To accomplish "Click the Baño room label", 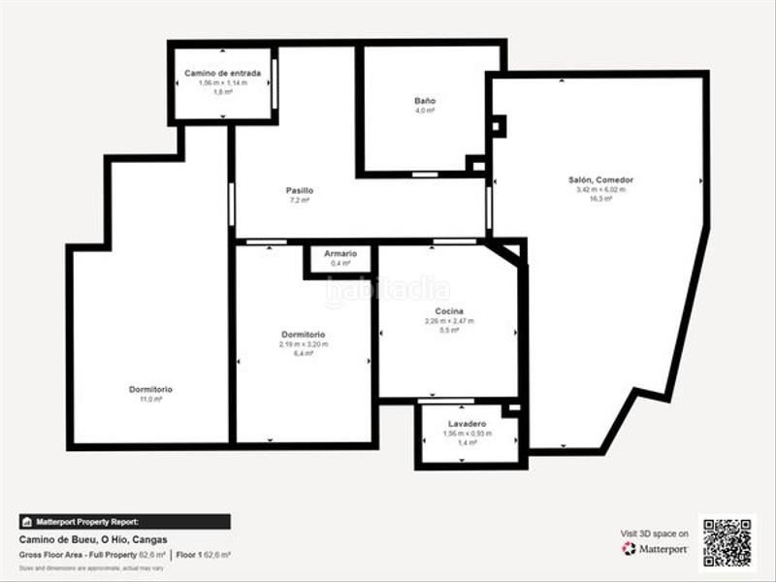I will point(425,101).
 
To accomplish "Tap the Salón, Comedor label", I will point(600,179).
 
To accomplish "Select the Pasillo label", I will point(300,190).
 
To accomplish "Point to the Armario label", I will point(340,254).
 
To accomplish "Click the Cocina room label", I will point(449,310).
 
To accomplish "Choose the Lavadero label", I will point(468,424).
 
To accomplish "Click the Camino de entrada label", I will point(223,73).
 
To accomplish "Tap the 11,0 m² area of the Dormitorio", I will point(150,399).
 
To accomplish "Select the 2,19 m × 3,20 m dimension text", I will point(304,344).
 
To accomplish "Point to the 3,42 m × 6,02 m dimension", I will point(600,189).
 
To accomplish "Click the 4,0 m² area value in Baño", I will point(425,111).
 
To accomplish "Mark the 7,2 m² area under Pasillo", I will point(300,200).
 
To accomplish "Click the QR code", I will point(727,543).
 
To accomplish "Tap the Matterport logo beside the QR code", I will point(656,549).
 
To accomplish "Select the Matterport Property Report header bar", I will point(124,521).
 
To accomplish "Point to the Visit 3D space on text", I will point(655,533).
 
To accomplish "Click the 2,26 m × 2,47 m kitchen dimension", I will point(449,321).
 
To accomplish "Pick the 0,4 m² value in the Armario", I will point(340,264).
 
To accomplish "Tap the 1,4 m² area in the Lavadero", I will point(468,442).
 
